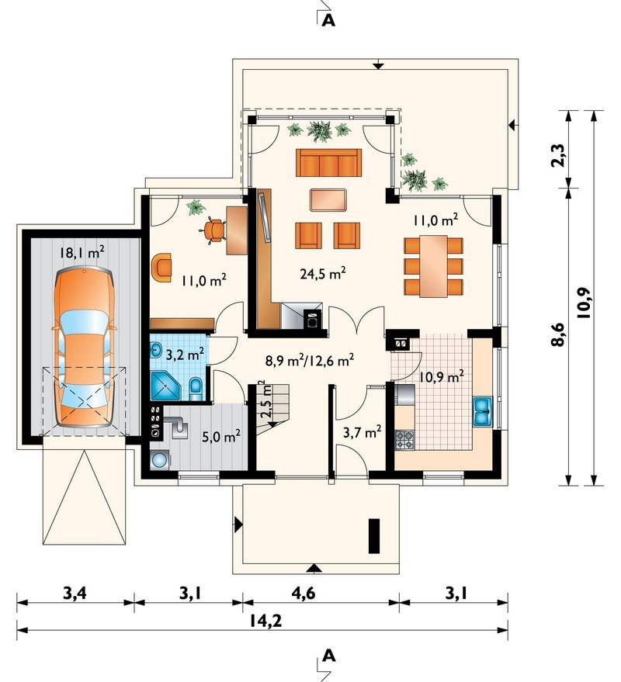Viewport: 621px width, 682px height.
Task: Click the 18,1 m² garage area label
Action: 82,252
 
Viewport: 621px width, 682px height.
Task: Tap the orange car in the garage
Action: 84,348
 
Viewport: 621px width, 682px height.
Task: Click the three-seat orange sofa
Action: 328,162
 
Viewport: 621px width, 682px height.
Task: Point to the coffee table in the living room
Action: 328,200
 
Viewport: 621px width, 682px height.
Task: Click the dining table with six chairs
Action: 433,266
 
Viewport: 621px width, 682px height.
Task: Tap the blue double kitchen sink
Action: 483,410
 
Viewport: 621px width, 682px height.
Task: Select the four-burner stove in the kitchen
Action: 404,440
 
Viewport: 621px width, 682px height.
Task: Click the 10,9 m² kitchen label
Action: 441,376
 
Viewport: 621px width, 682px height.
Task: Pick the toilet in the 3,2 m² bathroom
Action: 196,388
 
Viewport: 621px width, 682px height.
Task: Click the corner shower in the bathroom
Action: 165,386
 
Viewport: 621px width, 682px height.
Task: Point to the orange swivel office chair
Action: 213,230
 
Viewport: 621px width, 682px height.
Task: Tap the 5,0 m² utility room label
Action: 221,436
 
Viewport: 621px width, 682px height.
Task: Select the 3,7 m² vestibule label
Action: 363,433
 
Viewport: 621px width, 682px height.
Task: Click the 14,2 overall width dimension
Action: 266,621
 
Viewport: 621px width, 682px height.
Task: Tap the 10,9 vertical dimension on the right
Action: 584,303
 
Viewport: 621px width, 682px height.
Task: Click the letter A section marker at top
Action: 328,19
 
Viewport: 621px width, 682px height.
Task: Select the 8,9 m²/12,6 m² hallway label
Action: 310,360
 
